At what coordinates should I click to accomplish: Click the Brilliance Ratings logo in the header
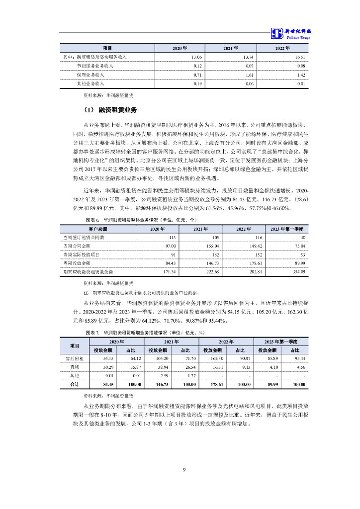291,33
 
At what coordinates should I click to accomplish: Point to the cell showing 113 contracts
173,237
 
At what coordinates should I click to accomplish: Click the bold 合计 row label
75,384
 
